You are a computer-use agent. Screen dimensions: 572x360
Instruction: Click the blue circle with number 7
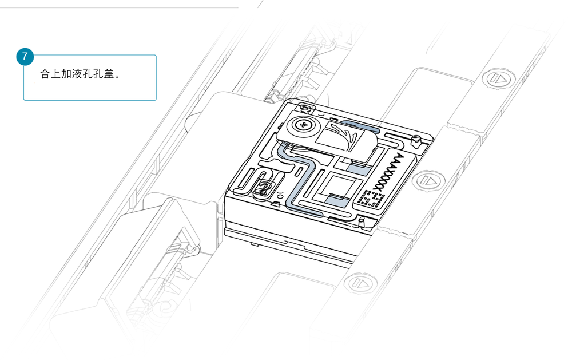25,56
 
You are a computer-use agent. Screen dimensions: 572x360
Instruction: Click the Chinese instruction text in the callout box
80,74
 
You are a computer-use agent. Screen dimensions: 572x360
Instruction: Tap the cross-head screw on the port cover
303,125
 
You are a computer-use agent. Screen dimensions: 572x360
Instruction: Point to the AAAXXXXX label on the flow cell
390,171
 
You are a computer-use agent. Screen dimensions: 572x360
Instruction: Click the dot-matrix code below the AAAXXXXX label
371,199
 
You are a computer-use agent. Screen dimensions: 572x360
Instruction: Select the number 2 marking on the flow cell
263,188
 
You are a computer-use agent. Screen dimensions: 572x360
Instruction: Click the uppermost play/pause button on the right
498,78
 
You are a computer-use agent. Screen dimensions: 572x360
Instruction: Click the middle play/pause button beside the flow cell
428,180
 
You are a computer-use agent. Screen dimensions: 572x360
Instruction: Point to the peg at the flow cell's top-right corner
415,140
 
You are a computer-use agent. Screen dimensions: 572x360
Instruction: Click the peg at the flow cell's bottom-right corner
362,221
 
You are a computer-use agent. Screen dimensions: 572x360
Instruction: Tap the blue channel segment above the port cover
360,125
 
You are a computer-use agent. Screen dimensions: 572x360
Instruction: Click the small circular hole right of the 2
280,192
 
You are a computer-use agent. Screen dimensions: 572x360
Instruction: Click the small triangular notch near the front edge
276,204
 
